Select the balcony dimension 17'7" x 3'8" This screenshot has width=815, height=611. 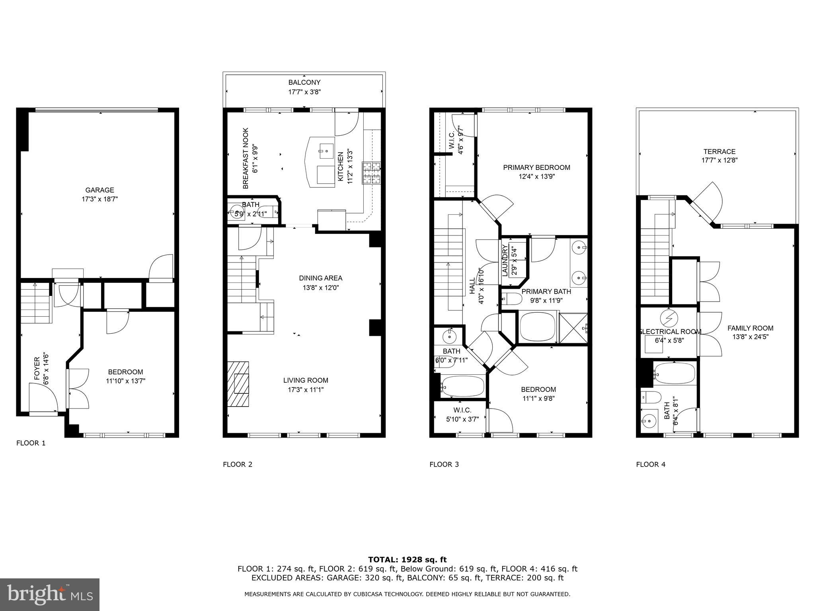point(304,92)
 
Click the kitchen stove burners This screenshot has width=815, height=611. point(371,173)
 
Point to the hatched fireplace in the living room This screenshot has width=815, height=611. point(238,384)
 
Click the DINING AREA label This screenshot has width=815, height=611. point(320,278)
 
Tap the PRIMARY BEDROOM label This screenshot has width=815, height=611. point(536,167)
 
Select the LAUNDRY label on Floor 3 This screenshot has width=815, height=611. point(505,261)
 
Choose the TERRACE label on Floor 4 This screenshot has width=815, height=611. point(719,152)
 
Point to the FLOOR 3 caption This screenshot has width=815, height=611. point(444,464)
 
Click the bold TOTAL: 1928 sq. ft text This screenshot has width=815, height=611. point(407,560)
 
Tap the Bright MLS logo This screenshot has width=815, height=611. point(50,594)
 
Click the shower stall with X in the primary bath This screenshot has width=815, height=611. point(573,329)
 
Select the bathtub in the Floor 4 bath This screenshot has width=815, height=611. point(675,374)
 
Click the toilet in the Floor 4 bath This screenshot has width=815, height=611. point(651,397)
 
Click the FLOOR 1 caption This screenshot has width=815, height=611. point(31,443)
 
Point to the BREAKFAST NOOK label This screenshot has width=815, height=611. point(246,158)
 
